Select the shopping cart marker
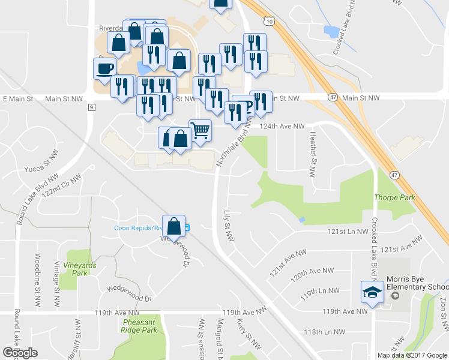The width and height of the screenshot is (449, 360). pyautogui.click(x=200, y=129)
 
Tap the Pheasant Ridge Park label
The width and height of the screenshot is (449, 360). pyautogui.click(x=136, y=326)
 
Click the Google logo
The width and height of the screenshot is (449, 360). pyautogui.click(x=20, y=353)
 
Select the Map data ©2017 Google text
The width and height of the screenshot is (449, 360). pyautogui.click(x=412, y=355)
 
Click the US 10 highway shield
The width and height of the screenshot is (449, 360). pyautogui.click(x=270, y=22)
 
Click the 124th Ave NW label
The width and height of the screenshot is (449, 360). pyautogui.click(x=282, y=126)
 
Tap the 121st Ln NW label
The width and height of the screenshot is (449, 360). pyautogui.click(x=348, y=231)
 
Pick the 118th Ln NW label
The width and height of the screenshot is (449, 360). pyautogui.click(x=324, y=332)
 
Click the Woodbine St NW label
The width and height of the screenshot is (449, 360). pyautogui.click(x=38, y=273)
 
